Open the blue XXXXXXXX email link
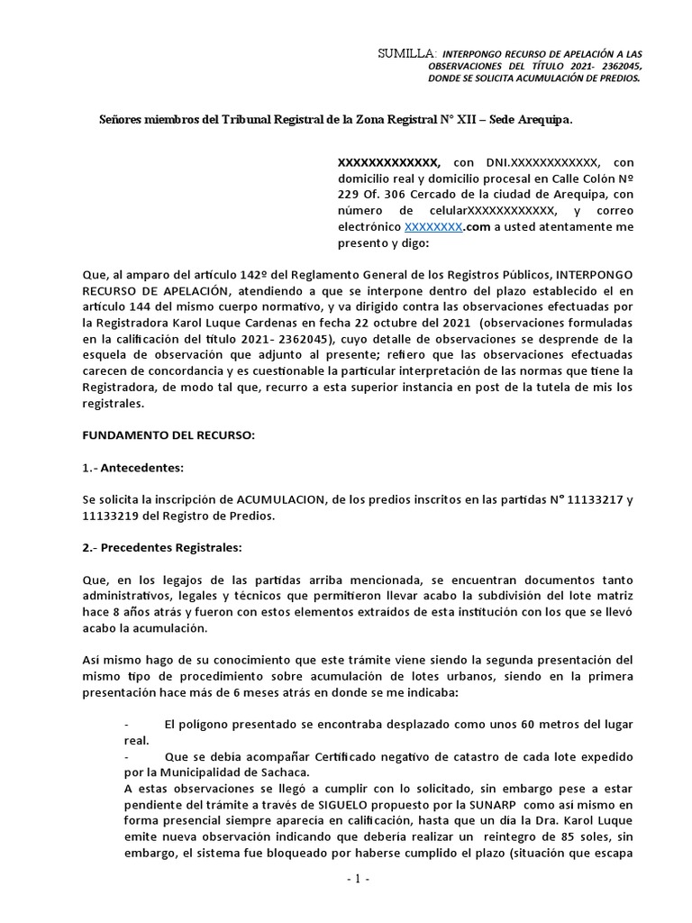433,227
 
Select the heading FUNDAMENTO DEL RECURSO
168,435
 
